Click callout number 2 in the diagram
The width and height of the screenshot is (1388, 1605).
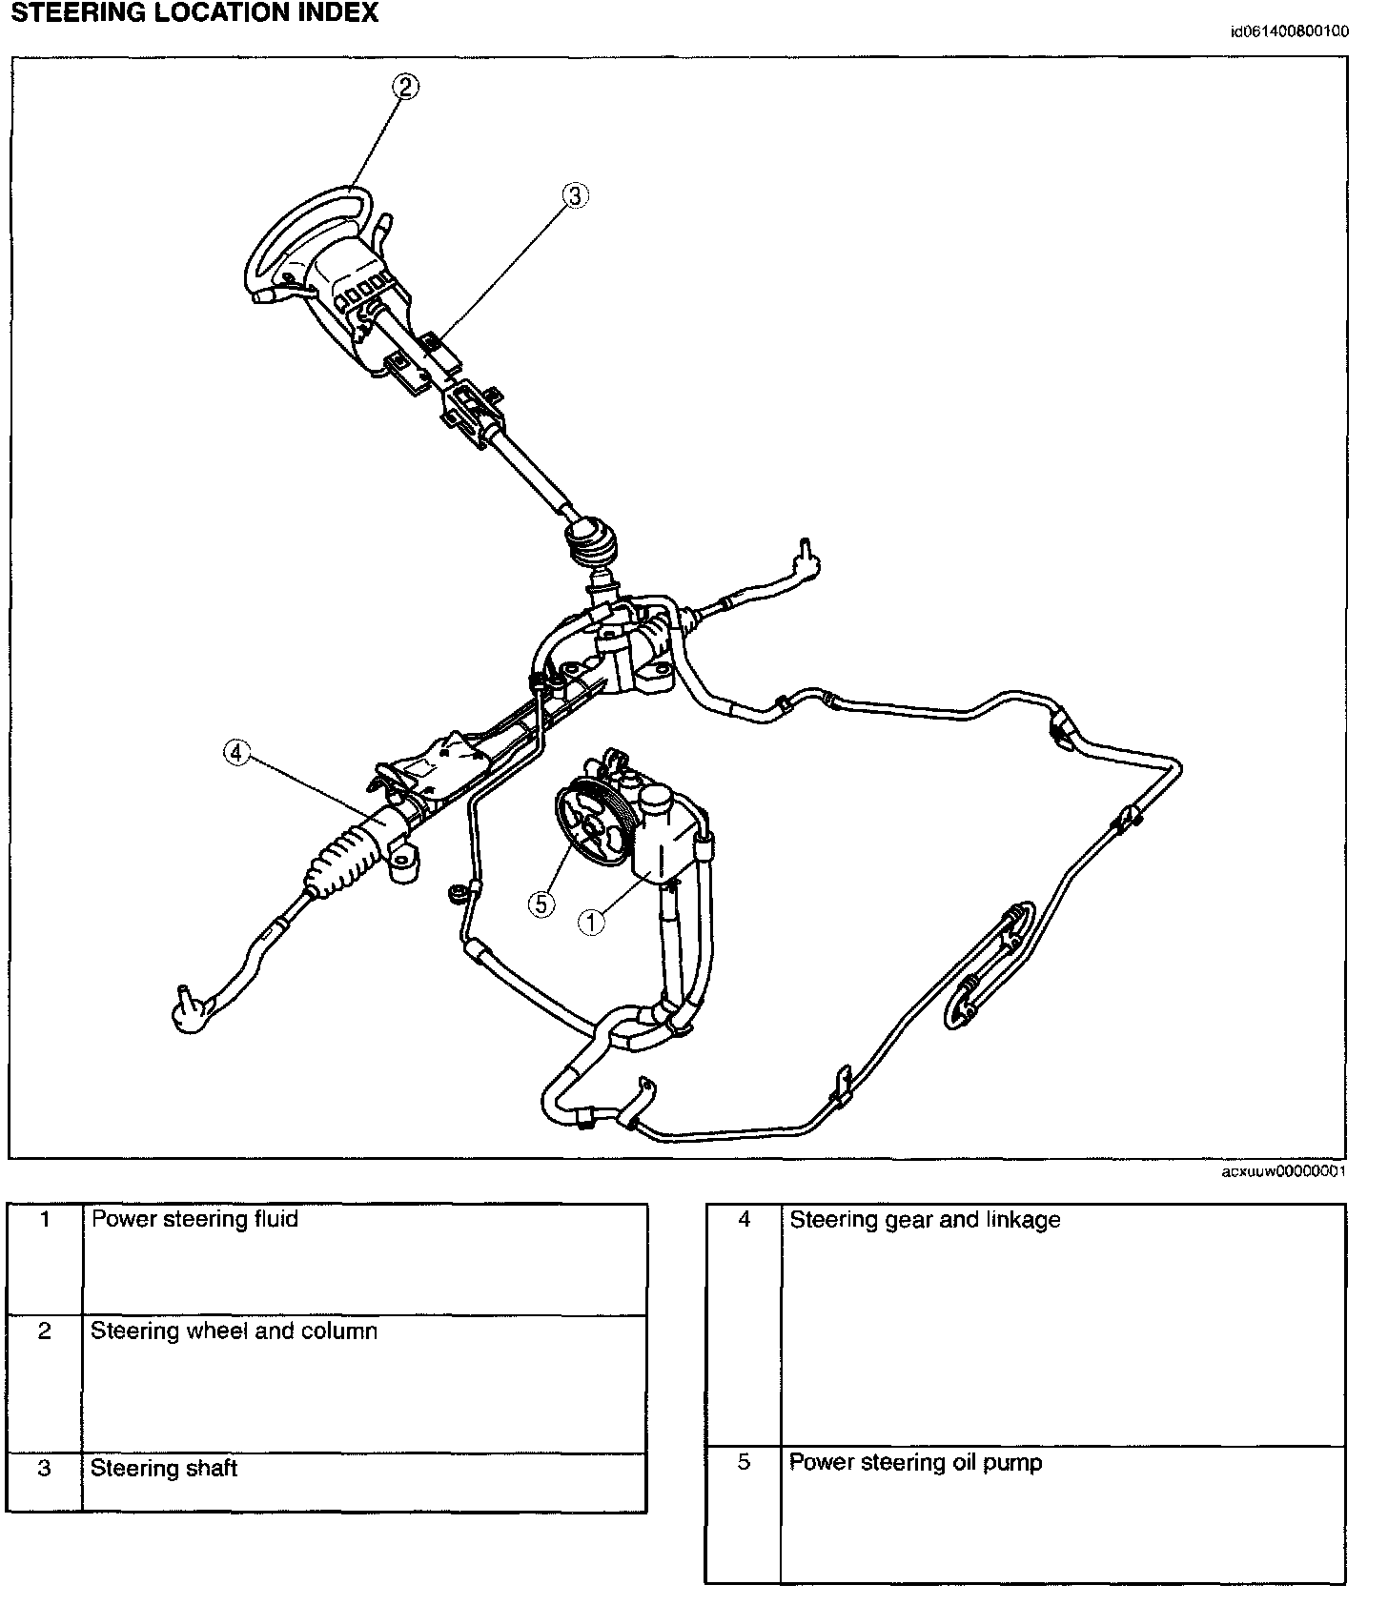(x=406, y=87)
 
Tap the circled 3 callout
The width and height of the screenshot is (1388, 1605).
(x=574, y=196)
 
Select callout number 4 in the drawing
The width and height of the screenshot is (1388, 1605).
(x=235, y=753)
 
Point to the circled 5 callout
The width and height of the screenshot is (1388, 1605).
(x=541, y=903)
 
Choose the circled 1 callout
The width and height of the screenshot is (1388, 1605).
(x=591, y=921)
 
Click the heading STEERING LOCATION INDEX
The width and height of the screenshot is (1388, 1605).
(x=194, y=13)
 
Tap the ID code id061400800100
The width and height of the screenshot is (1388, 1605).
(x=1289, y=30)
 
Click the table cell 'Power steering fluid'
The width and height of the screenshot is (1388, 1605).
(x=194, y=1219)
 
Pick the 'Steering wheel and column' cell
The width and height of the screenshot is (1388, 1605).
(x=234, y=1331)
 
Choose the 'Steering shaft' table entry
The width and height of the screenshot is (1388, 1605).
(x=164, y=1468)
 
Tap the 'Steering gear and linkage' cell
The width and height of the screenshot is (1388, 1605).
(x=925, y=1220)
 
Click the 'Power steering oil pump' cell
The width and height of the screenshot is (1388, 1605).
(x=915, y=1462)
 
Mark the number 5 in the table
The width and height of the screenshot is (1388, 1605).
(x=745, y=1462)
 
